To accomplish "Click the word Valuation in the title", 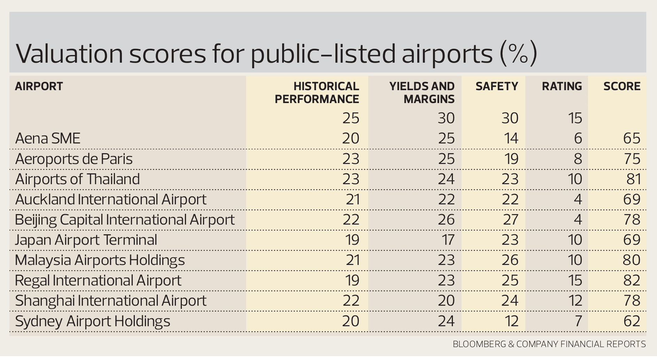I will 70,54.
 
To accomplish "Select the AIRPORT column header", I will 39,86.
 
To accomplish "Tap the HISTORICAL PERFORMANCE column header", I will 317,93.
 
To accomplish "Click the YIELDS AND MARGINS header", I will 422,93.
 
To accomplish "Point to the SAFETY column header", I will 497,86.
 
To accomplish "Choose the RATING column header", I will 562,86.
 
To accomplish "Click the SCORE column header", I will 622,86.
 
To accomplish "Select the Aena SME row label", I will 48,139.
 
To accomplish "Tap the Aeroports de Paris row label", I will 74,159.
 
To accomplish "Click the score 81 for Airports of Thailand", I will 633,179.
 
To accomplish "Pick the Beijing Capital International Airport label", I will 125,220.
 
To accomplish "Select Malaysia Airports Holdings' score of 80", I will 632,260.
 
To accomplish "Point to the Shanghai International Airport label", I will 111,301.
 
